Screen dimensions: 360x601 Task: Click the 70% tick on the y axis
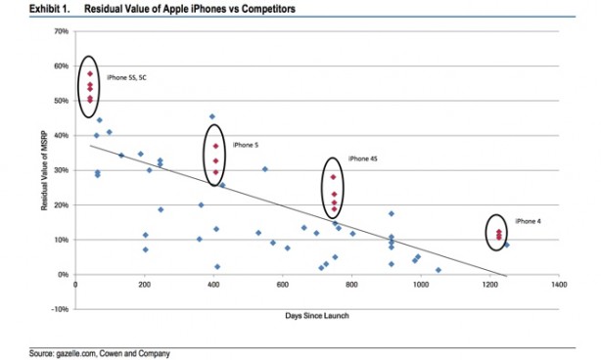61,31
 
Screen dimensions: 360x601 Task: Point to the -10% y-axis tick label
60,309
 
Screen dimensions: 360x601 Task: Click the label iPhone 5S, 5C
126,76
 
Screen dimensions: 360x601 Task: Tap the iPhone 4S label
362,157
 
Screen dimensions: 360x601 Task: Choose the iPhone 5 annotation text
245,145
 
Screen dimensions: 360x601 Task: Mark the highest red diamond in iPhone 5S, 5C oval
89,73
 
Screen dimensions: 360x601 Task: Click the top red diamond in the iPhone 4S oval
333,177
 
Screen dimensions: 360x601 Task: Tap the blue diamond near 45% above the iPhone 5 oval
212,116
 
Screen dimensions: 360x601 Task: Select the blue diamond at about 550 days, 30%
264,169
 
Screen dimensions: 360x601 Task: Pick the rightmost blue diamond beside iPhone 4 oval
506,245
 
